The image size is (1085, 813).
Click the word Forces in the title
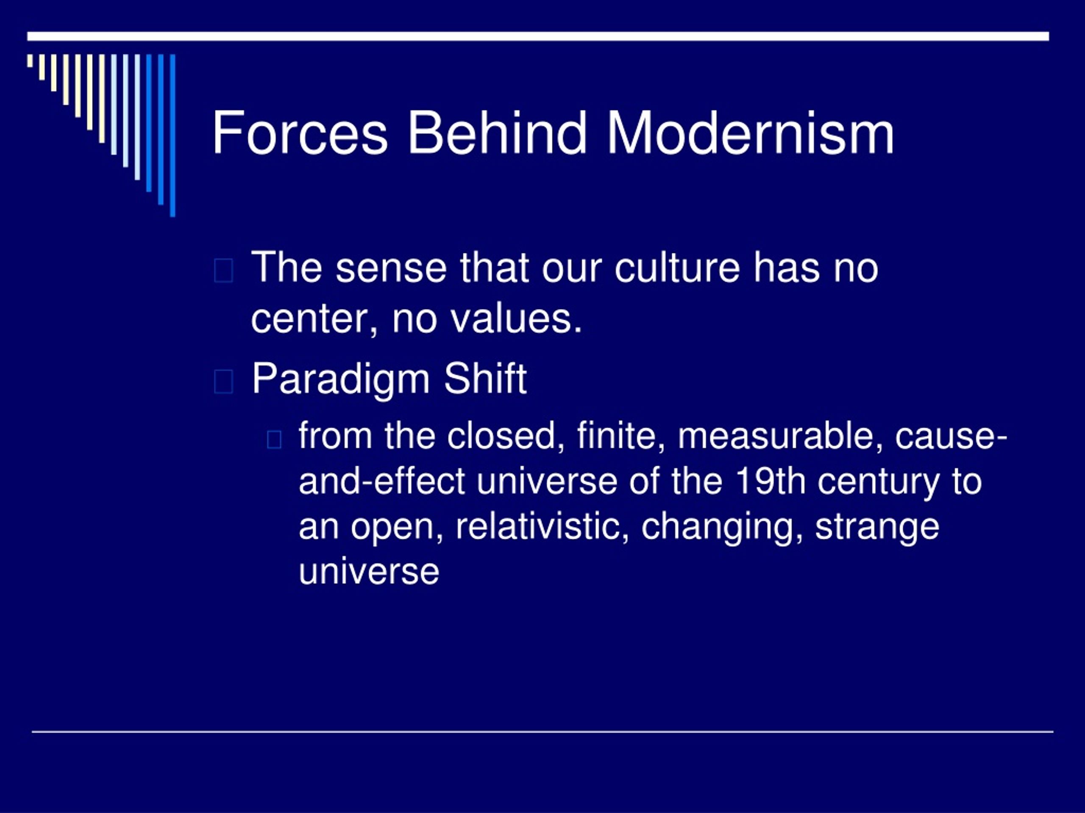(x=300, y=133)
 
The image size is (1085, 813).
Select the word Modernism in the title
(x=751, y=133)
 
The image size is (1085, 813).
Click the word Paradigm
(x=341, y=380)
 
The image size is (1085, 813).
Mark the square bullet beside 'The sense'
(x=224, y=271)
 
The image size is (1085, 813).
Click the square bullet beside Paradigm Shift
(x=224, y=382)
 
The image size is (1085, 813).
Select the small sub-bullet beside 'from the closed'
(x=274, y=440)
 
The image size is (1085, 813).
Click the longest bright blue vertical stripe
(x=172, y=135)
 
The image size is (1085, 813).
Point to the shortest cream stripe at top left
(x=30, y=61)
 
